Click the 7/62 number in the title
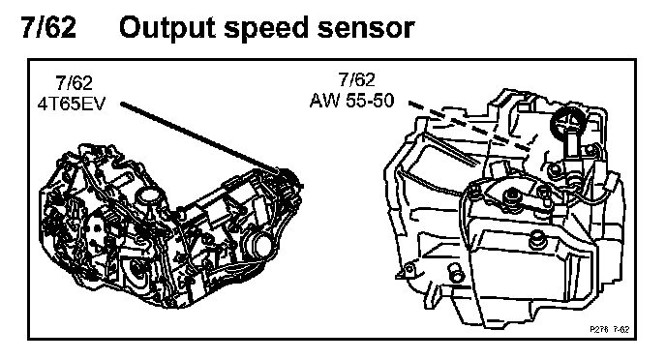(x=48, y=28)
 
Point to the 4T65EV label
(x=71, y=104)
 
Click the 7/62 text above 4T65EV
(x=75, y=83)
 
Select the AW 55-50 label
(x=352, y=101)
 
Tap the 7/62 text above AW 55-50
(x=357, y=79)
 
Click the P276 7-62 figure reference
(x=610, y=329)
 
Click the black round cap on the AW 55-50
(x=567, y=121)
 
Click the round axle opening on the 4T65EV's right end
(x=260, y=245)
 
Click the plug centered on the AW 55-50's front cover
(x=537, y=240)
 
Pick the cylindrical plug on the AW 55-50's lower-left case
(x=455, y=272)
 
